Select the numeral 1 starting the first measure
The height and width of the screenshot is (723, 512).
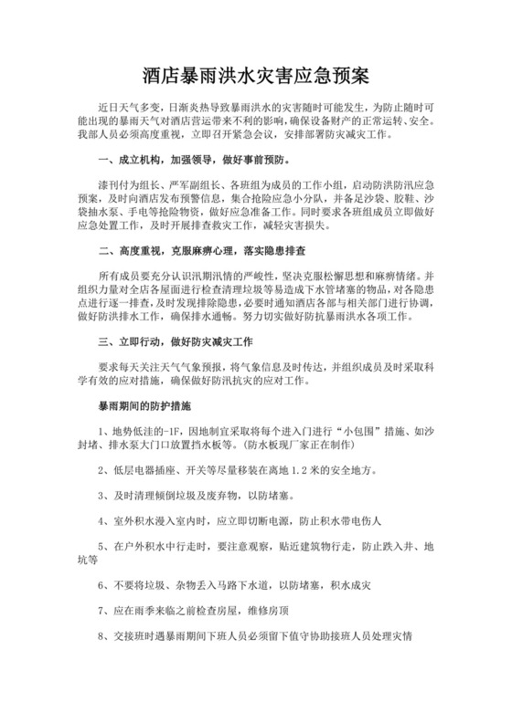click(101, 429)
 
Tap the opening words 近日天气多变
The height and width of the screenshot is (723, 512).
click(128, 108)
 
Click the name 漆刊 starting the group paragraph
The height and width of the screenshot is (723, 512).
click(109, 183)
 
